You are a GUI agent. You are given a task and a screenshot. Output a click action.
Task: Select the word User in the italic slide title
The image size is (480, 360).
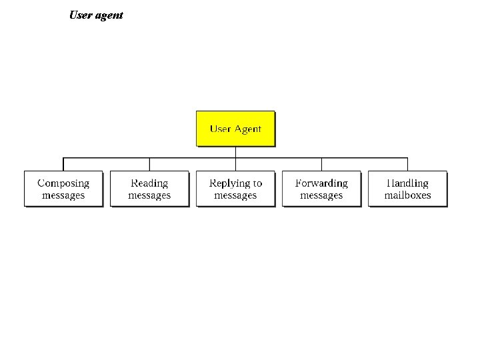81,15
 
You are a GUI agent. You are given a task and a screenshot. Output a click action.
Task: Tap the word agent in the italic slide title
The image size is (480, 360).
109,15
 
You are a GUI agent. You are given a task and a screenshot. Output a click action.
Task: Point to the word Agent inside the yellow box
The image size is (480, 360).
247,129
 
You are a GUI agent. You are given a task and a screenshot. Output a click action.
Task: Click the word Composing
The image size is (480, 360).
63,183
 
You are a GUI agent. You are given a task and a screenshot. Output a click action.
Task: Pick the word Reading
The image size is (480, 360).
149,183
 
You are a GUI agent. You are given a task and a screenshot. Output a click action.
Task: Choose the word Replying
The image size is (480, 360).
229,183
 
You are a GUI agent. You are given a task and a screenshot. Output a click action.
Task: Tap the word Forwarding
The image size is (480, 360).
321,183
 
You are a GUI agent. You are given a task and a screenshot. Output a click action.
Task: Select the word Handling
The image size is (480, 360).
407,183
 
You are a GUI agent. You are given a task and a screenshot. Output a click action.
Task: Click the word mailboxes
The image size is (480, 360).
407,195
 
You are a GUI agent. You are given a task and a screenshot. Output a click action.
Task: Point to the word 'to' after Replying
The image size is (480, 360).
257,183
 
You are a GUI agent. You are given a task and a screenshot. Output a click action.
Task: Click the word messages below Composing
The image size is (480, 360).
63,195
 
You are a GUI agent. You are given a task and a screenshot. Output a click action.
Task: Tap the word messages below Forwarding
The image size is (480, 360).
321,195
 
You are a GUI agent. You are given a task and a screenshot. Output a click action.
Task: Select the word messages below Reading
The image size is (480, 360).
149,195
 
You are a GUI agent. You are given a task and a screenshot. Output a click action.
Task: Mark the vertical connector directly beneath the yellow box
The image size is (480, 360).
235,152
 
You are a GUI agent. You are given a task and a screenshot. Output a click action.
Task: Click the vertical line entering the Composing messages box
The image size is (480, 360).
63,165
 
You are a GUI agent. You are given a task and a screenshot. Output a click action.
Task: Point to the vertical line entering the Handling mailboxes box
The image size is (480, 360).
407,165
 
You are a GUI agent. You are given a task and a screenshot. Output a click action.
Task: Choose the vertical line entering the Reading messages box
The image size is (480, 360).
149,165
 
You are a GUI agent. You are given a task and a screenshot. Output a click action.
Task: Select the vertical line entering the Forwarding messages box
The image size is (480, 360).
321,165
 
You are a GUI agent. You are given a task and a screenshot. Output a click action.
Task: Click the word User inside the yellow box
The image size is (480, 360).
220,129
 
